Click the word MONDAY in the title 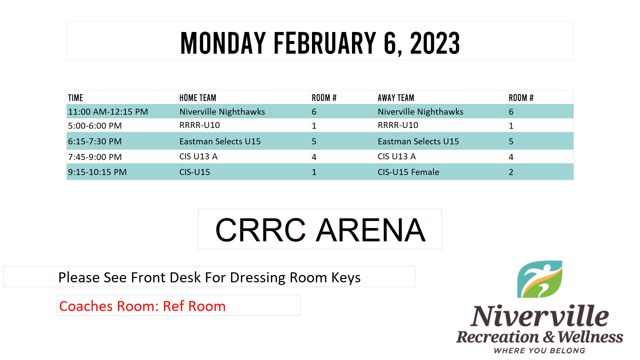click(223, 43)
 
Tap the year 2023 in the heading click(435, 43)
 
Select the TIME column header click(76, 98)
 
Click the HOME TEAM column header click(198, 98)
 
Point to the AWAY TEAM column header click(396, 98)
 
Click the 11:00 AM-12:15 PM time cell click(108, 112)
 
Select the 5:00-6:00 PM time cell click(95, 126)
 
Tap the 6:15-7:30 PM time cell click(95, 141)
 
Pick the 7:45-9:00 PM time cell click(95, 157)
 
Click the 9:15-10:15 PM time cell click(97, 172)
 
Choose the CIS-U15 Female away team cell click(408, 172)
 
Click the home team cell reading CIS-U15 click(195, 172)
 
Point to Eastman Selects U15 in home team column click(220, 141)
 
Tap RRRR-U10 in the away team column click(398, 125)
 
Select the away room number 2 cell click(511, 172)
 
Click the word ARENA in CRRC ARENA click(371, 230)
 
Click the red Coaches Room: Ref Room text click(142, 306)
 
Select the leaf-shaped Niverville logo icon click(540, 279)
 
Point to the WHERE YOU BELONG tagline click(540, 351)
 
